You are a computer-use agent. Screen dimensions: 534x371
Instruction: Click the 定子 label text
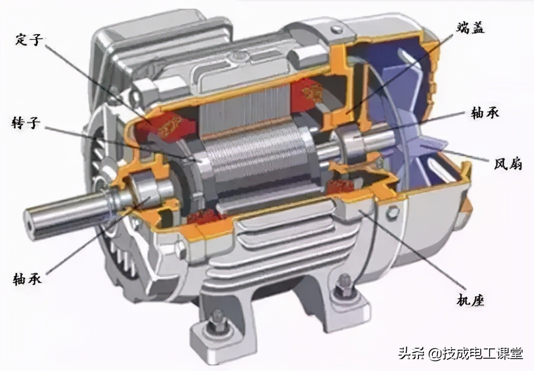(29, 40)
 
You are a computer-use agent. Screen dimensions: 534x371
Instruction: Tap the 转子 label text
(26, 123)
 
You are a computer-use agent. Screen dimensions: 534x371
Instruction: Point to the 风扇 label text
(508, 164)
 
